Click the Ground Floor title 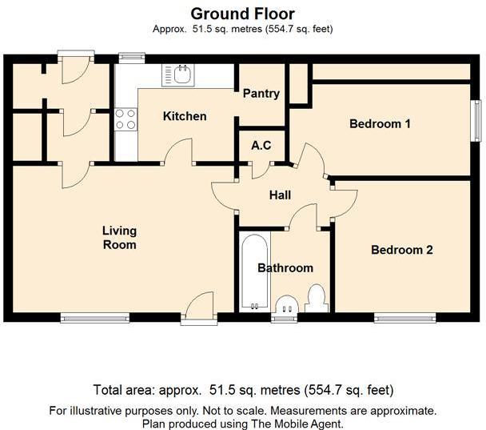(242, 14)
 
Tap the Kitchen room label (185, 116)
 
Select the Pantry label (261, 94)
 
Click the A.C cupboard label (261, 146)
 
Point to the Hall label (280, 195)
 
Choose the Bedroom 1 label (380, 124)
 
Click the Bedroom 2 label (401, 250)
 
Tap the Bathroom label (285, 267)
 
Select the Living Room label (119, 238)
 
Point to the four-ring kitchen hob (125, 119)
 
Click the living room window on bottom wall (95, 318)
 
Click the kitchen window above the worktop (130, 57)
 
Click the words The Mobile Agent (303, 424)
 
